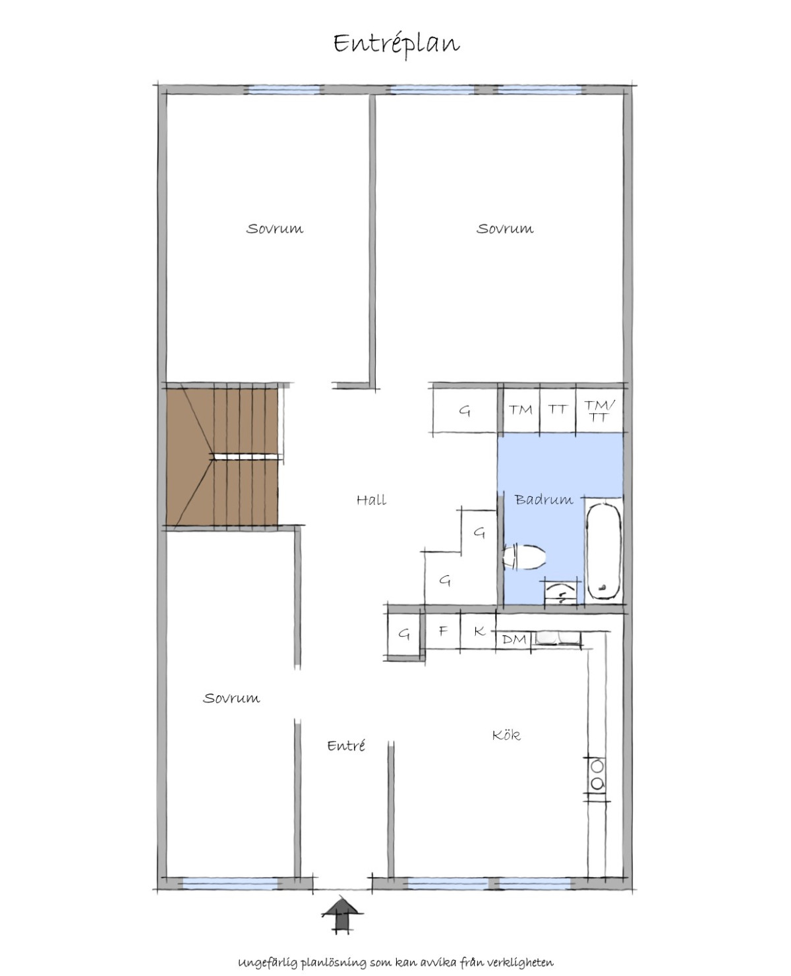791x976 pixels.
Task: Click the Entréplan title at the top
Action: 396,44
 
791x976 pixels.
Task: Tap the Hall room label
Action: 371,500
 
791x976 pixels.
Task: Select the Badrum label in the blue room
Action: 544,499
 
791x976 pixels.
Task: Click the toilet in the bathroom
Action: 524,557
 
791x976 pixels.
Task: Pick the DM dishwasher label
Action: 514,639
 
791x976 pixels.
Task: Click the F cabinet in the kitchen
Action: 443,631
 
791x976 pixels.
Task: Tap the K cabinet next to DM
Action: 479,631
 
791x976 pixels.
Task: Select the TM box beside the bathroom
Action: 521,410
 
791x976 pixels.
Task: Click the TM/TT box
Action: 599,410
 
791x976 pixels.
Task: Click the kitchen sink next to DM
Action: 556,638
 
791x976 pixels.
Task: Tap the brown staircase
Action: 222,456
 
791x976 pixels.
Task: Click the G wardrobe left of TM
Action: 465,410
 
